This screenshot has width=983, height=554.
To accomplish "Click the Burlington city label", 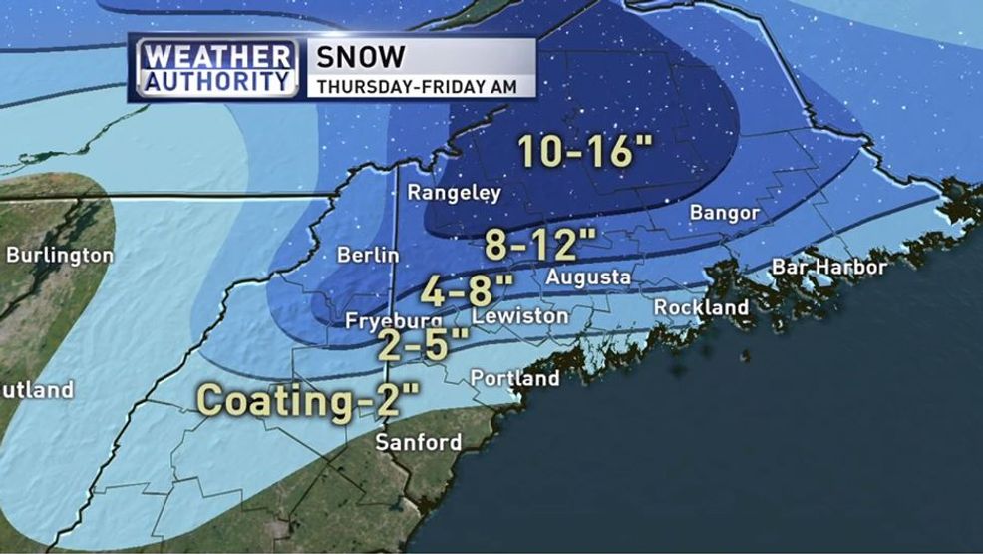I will (60, 256).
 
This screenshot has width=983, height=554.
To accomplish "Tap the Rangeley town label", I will (455, 194).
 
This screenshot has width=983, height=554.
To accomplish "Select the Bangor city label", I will (725, 214).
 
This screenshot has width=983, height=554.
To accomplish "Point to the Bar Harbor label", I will (828, 268).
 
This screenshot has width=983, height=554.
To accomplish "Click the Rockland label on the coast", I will (701, 307).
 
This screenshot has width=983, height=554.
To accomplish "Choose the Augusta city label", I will (587, 277).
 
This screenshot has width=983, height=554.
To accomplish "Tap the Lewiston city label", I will (519, 315).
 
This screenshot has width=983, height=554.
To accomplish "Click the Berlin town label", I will (367, 256).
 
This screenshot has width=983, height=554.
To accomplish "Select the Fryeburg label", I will (393, 321).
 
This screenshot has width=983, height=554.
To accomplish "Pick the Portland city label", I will (514, 379).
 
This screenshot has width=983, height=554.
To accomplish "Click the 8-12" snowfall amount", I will (539, 243).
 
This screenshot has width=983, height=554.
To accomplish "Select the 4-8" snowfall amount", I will (467, 290).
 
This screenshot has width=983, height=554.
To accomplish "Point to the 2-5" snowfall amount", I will (422, 345).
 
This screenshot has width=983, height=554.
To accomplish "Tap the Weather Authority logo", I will (215, 68).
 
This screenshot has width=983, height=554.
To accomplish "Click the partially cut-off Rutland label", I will (37, 390).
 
